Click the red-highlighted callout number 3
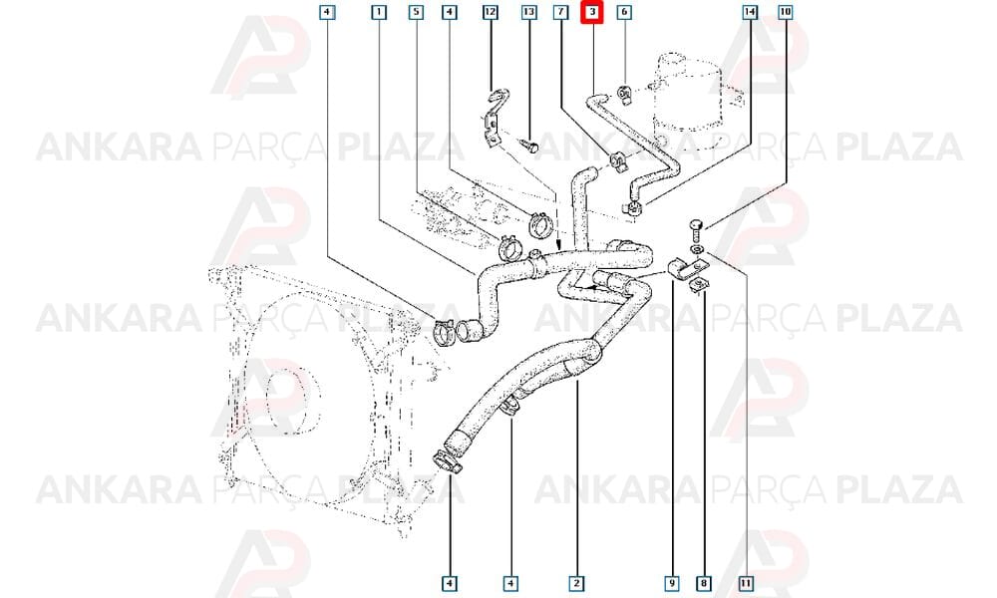coord(592,12)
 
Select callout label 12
coord(490,11)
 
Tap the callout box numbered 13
coord(529,11)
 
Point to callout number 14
coord(751,11)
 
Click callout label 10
coord(786,11)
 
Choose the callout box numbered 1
coord(378,11)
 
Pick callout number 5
coord(415,11)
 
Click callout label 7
coord(560,11)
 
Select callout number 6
coord(624,11)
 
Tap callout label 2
coord(576,583)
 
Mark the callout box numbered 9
coord(671,583)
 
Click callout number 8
coord(704,583)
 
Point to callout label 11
coord(747,583)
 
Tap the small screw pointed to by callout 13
coord(528,146)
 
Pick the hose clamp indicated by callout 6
coord(624,95)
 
